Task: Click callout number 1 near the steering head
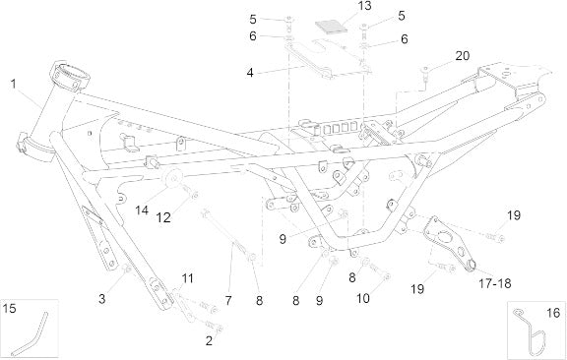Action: pyautogui.click(x=14, y=84)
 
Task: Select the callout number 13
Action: pyautogui.click(x=364, y=6)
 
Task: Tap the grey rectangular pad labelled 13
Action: pyautogui.click(x=331, y=26)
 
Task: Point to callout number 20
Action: pyautogui.click(x=462, y=56)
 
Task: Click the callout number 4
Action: pyautogui.click(x=250, y=73)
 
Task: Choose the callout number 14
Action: pyautogui.click(x=142, y=210)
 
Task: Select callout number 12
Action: pyautogui.click(x=163, y=217)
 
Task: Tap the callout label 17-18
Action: pyautogui.click(x=495, y=283)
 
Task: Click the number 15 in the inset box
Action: pyautogui.click(x=10, y=309)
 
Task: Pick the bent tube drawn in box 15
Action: pyautogui.click(x=31, y=334)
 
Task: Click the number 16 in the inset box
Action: pyautogui.click(x=553, y=313)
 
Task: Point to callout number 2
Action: pyautogui.click(x=209, y=340)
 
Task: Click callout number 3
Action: pyautogui.click(x=102, y=299)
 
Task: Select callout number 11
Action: pyautogui.click(x=187, y=278)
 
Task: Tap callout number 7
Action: pyautogui.click(x=228, y=300)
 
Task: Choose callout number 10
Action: pyautogui.click(x=363, y=299)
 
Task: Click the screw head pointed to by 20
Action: pyautogui.click(x=425, y=70)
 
